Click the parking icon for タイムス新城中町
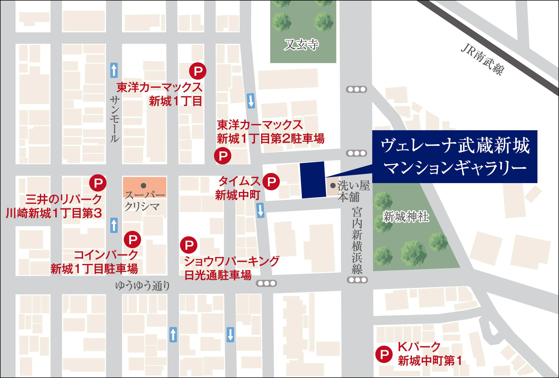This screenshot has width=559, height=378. [x=271, y=181]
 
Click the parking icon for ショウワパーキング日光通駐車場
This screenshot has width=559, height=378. [x=189, y=245]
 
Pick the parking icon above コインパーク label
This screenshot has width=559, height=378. [x=132, y=239]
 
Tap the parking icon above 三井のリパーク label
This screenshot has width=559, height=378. [x=98, y=183]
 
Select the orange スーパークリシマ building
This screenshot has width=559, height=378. [x=145, y=187]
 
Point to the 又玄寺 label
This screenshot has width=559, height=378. [x=301, y=44]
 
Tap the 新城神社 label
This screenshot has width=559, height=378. [x=406, y=217]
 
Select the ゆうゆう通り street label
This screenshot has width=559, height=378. [x=142, y=286]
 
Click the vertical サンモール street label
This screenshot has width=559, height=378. [x=114, y=119]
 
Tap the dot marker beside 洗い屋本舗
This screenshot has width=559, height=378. [x=333, y=186]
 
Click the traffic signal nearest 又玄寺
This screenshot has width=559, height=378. [x=356, y=89]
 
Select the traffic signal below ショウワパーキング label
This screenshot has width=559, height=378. [x=266, y=283]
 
